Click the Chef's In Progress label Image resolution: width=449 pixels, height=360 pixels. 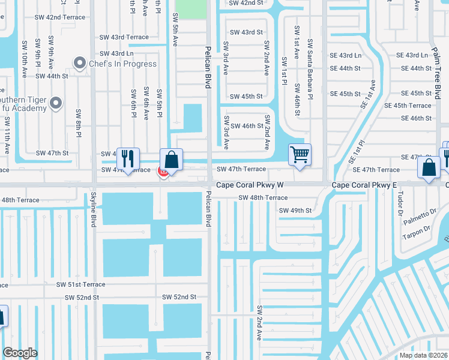[122, 64]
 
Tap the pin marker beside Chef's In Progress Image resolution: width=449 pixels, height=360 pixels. [79, 62]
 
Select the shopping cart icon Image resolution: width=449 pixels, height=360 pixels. [300, 154]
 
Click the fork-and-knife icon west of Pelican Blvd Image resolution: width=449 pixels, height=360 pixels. [127, 158]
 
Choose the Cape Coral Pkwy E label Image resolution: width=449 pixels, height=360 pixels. [365, 186]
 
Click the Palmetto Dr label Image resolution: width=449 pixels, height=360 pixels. [420, 216]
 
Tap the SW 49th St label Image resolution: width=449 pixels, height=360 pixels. [295, 211]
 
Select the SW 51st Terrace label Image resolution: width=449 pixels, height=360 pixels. [81, 284]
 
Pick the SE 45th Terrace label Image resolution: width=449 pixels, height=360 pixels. [408, 106]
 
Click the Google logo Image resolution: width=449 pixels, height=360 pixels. [20, 353]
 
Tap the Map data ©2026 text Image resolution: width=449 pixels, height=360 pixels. [423, 355]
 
